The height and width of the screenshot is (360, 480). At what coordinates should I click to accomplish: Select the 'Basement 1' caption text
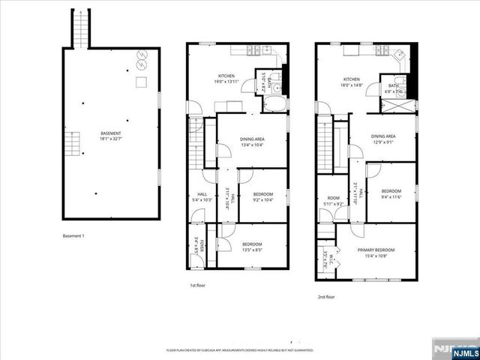pyautogui.click(x=73, y=236)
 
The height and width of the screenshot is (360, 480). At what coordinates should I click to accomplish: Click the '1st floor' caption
pyautogui.click(x=196, y=285)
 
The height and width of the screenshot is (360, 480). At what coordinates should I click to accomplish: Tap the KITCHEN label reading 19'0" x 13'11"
pyautogui.click(x=226, y=79)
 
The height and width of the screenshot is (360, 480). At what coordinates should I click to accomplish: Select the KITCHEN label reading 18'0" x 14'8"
pyautogui.click(x=352, y=82)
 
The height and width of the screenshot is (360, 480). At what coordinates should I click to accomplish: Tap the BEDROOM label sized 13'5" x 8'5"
pyautogui.click(x=251, y=246)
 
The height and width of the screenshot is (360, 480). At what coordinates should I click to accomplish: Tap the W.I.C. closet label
pyautogui.click(x=325, y=259)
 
